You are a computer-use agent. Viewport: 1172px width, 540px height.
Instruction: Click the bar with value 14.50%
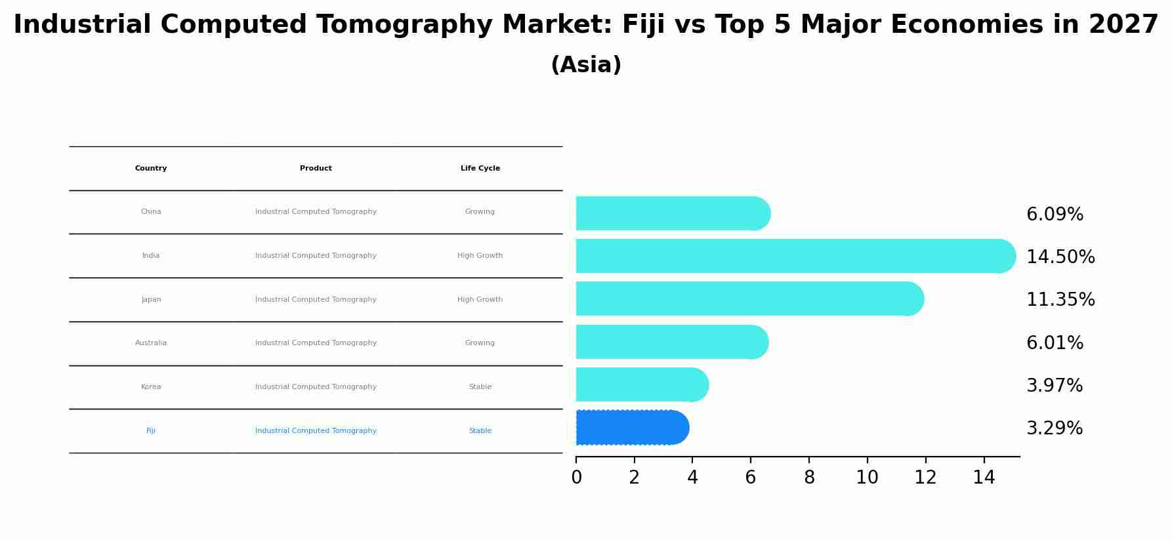point(794,256)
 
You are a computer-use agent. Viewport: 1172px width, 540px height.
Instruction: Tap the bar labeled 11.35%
point(748,299)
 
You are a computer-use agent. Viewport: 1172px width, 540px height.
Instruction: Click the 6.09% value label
point(1055,215)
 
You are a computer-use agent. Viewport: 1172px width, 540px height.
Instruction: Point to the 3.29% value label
point(1055,428)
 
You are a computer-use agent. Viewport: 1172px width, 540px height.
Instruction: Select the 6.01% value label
point(1055,343)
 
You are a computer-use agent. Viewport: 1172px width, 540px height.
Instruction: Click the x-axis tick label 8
point(809,478)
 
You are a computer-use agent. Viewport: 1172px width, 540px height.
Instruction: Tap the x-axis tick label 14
point(984,478)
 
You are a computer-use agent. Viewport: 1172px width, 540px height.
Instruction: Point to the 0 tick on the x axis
point(576,478)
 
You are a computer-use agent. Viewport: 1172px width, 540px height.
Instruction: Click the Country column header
point(151,169)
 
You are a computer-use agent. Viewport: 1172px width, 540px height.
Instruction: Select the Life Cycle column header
point(480,169)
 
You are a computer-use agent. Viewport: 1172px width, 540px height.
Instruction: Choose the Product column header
point(316,169)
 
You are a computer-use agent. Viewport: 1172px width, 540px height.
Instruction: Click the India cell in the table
point(151,256)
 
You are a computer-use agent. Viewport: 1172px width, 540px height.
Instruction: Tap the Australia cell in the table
point(151,343)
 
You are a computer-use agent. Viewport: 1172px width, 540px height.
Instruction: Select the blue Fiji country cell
point(151,431)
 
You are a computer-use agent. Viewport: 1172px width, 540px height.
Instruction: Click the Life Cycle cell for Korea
point(480,387)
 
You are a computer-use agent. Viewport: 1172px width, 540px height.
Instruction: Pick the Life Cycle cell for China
point(480,212)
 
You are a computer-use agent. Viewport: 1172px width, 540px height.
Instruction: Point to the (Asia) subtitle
point(586,65)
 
